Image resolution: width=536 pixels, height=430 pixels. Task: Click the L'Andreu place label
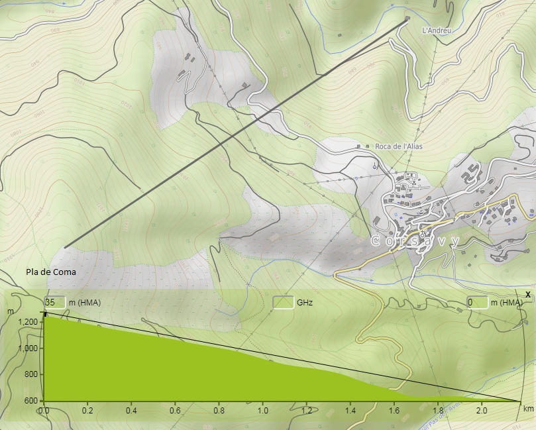point(437,30)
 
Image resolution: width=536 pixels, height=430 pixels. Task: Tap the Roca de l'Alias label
point(398,146)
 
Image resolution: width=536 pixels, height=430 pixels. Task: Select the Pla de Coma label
point(50,272)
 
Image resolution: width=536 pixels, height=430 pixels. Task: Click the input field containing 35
point(55,303)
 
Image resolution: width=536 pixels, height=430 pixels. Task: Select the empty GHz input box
point(283,303)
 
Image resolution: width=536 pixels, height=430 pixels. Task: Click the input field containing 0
point(477,303)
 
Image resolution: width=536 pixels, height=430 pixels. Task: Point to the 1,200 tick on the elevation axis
point(28,322)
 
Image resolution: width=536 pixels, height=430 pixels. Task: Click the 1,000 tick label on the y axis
point(28,349)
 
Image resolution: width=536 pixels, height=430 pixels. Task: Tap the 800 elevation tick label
point(31,374)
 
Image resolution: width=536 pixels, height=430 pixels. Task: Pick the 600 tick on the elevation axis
point(31,400)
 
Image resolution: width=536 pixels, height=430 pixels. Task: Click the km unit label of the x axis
point(528,409)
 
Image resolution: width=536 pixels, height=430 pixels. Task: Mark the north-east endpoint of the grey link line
point(407,19)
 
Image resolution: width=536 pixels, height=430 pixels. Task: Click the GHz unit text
point(305,303)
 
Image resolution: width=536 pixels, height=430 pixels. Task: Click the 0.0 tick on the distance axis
point(44,411)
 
